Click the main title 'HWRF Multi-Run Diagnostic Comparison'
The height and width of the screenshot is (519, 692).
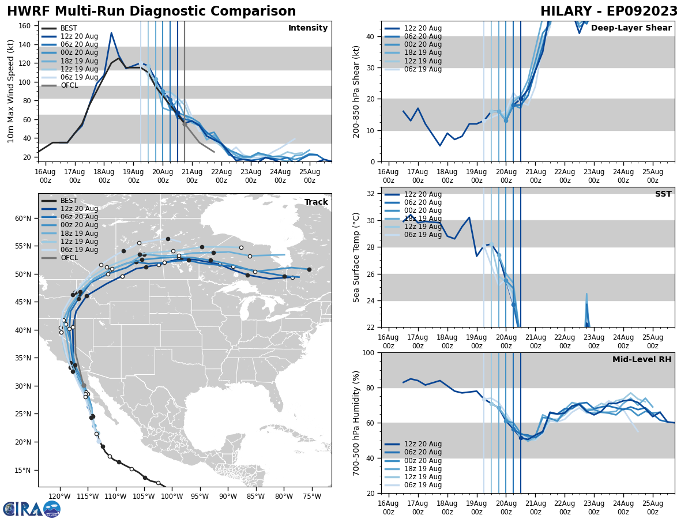pyautogui.click(x=151, y=12)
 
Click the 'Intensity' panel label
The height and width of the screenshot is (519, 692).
pyautogui.click(x=308, y=28)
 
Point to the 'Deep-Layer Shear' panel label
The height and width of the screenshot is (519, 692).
pyautogui.click(x=631, y=28)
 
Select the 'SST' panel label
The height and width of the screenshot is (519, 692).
pyautogui.click(x=663, y=194)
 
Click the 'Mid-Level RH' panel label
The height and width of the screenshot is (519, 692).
pyautogui.click(x=642, y=360)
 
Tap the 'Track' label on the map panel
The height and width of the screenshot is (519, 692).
pyautogui.click(x=316, y=202)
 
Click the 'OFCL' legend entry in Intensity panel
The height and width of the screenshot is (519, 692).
pyautogui.click(x=69, y=85)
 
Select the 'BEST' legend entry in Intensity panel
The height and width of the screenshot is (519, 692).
pyautogui.click(x=69, y=28)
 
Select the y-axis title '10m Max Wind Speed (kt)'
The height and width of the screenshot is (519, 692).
pyautogui.click(x=11, y=92)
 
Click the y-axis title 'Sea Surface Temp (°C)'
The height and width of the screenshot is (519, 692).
pyautogui.click(x=356, y=257)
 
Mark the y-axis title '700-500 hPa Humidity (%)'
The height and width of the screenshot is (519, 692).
pyautogui.click(x=356, y=423)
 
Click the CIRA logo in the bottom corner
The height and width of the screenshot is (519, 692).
pyautogui.click(x=32, y=509)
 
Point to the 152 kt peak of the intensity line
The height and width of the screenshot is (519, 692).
pyautogui.click(x=111, y=33)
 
